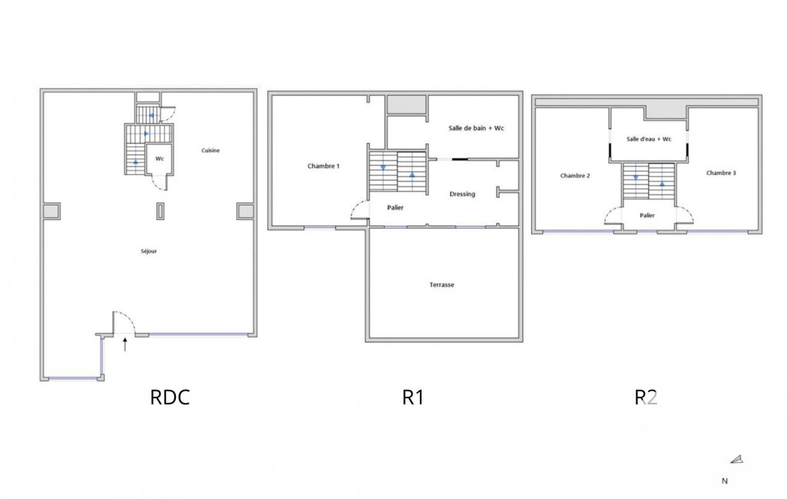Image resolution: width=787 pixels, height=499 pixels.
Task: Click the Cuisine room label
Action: pyautogui.click(x=210, y=150)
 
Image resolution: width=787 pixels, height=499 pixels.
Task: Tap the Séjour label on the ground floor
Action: pyautogui.click(x=149, y=251)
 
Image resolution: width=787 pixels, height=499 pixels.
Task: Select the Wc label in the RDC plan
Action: pyautogui.click(x=160, y=159)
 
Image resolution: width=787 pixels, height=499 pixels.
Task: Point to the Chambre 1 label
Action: pyautogui.click(x=324, y=166)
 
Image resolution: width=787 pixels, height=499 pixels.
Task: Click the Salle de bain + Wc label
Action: pyautogui.click(x=476, y=128)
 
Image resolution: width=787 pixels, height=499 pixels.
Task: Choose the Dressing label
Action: pyautogui.click(x=462, y=194)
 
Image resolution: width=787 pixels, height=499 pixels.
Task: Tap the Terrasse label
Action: pyautogui.click(x=441, y=285)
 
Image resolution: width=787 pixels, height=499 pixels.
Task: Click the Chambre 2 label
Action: pyautogui.click(x=575, y=176)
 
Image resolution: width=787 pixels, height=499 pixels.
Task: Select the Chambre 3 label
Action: pyautogui.click(x=721, y=173)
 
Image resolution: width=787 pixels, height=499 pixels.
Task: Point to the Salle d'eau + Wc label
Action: pyautogui.click(x=649, y=139)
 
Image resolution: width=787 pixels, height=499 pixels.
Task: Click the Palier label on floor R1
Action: pyautogui.click(x=395, y=207)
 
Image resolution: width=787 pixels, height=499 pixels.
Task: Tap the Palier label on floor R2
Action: pyautogui.click(x=647, y=216)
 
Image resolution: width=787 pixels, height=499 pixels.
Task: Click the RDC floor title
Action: pyautogui.click(x=170, y=397)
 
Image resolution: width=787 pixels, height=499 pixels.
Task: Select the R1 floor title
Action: pyautogui.click(x=413, y=397)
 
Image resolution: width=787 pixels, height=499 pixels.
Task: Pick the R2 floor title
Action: pyautogui.click(x=646, y=397)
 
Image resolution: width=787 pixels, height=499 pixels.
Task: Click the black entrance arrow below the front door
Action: pyautogui.click(x=125, y=345)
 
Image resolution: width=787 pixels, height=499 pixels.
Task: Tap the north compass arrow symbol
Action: pyautogui.click(x=737, y=459)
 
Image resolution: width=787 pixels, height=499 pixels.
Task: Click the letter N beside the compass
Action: pyautogui.click(x=725, y=481)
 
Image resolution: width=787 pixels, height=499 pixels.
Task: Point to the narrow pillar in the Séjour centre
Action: pyautogui.click(x=160, y=211)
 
